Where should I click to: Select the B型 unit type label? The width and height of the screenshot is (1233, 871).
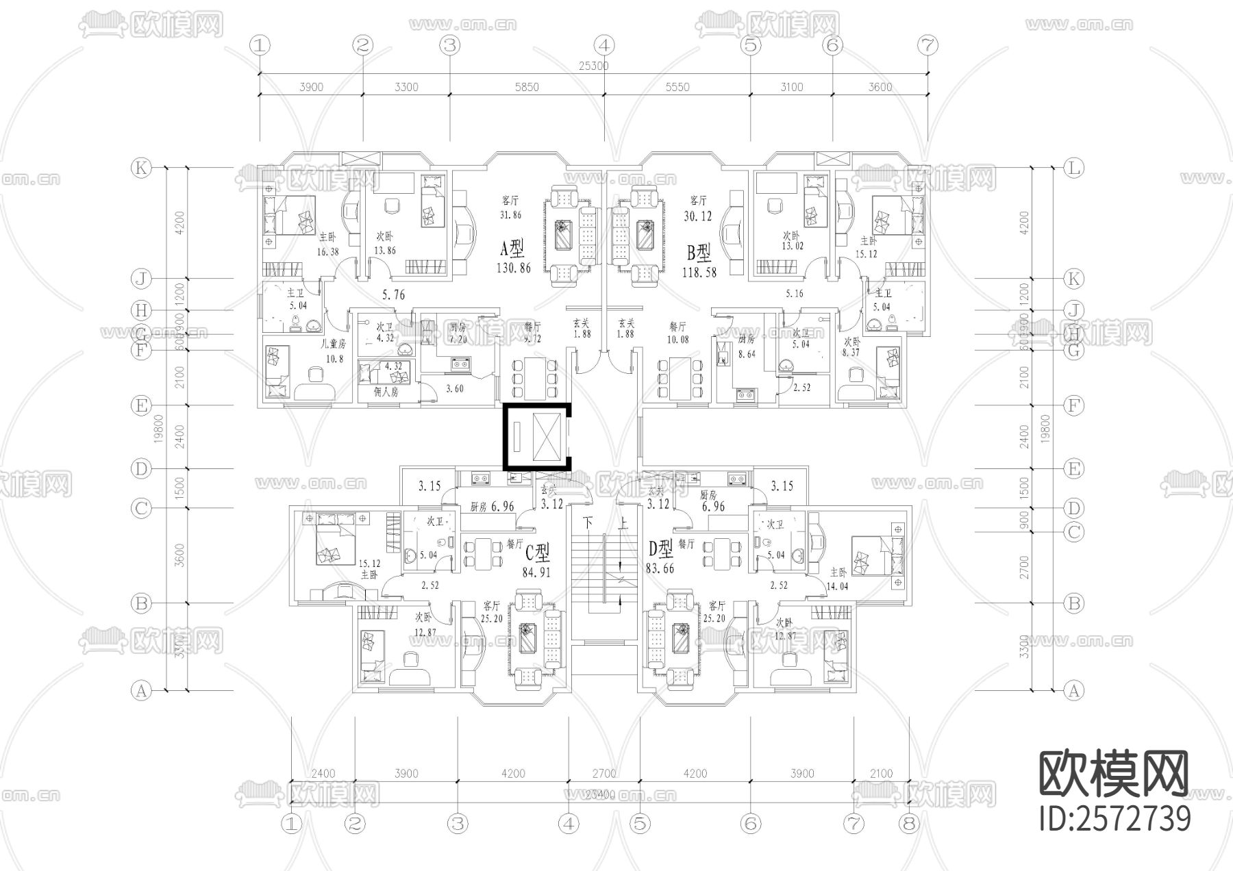699,254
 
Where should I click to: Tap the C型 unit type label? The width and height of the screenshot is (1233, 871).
538,552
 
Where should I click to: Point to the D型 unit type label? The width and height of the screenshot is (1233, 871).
662,548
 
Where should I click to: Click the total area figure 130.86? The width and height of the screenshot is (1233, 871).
513,268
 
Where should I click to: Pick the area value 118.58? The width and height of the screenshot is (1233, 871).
699,271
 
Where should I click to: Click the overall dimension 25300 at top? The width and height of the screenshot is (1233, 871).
593,66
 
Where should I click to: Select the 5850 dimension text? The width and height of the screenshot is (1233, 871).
527,88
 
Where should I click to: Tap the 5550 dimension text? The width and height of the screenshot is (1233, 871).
677,88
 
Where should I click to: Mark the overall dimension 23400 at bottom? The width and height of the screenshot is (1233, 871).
600,794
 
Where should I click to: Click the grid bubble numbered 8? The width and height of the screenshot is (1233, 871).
909,823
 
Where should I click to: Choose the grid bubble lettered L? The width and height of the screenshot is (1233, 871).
1073,168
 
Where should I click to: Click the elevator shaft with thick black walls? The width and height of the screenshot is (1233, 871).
537,437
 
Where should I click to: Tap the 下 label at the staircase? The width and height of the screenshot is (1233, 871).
588,523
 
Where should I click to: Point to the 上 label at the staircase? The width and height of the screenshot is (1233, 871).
623,523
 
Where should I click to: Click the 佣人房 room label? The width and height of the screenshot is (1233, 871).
386,392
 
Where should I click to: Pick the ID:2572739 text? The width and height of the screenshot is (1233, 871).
1114,818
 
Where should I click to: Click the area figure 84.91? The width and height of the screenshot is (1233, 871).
536,572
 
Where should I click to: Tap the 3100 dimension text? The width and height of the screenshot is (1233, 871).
791,88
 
